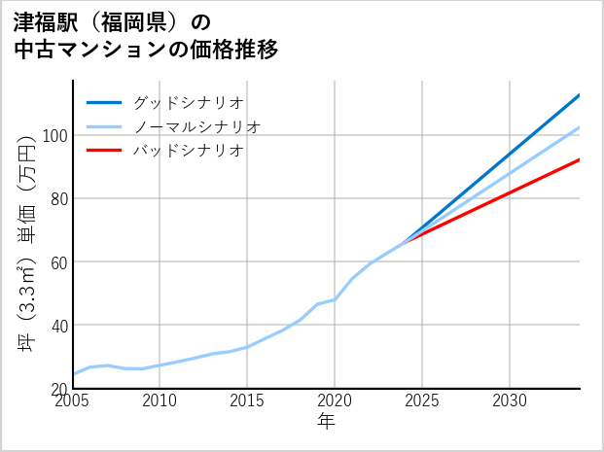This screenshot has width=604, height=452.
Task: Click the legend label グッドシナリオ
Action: [188, 102]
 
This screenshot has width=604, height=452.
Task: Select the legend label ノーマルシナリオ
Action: [196, 126]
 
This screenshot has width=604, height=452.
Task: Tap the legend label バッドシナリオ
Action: [188, 151]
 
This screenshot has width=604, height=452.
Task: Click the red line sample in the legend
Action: [104, 151]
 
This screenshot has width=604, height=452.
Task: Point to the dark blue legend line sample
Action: [104, 102]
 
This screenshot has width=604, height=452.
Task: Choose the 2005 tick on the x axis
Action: [73, 400]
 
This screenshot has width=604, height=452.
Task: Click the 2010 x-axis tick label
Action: [160, 400]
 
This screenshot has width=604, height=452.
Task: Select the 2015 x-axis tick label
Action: [247, 400]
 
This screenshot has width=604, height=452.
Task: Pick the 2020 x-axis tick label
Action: [335, 400]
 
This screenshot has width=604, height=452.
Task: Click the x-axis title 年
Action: [327, 421]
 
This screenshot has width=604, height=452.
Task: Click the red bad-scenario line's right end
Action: [579, 159]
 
